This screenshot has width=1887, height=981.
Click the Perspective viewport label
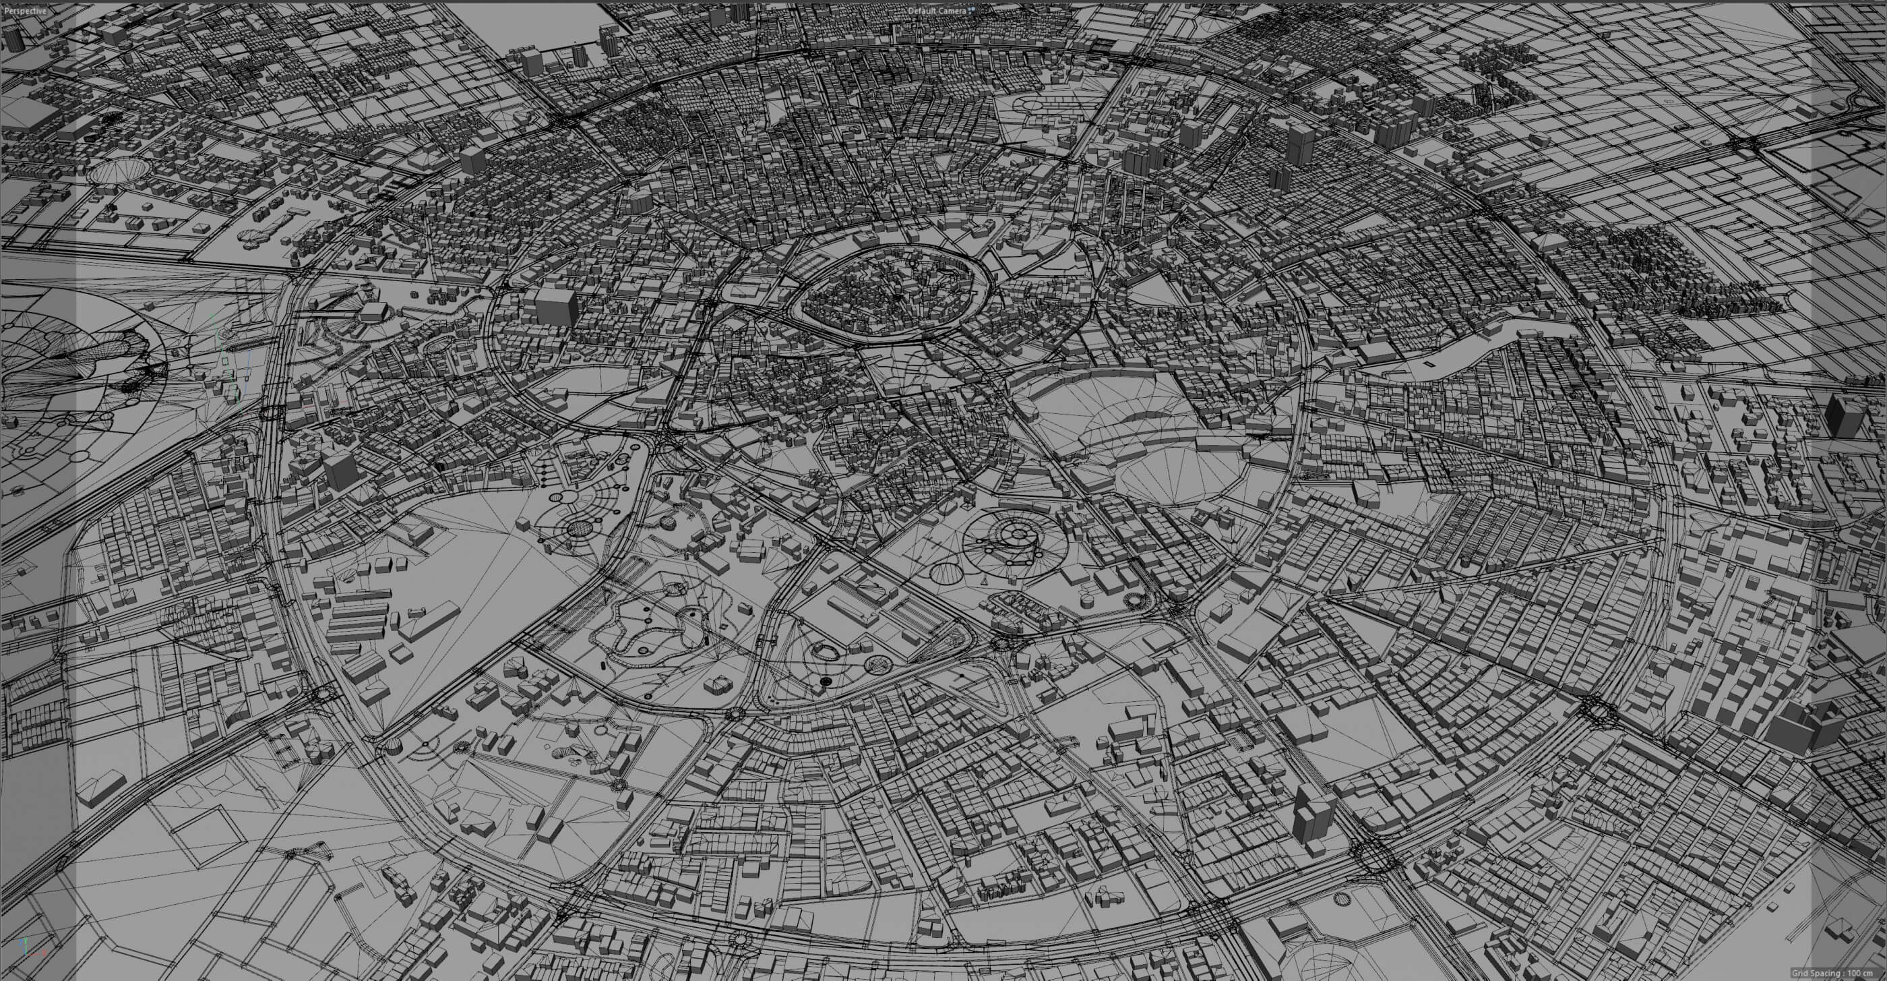click(24, 11)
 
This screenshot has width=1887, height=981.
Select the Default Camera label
click(937, 11)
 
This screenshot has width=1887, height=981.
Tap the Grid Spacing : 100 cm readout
click(1835, 973)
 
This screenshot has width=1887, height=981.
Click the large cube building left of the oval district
click(557, 306)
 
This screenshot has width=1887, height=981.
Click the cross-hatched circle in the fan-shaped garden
click(578, 527)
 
